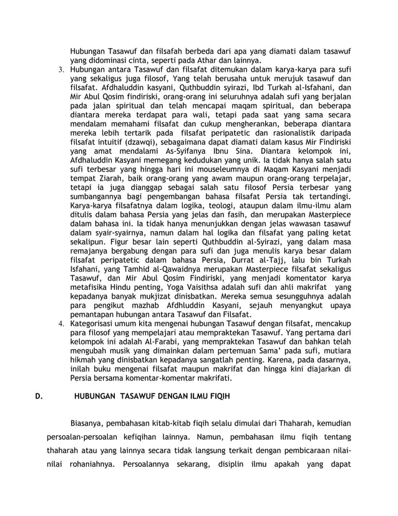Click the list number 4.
tap(61, 323)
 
